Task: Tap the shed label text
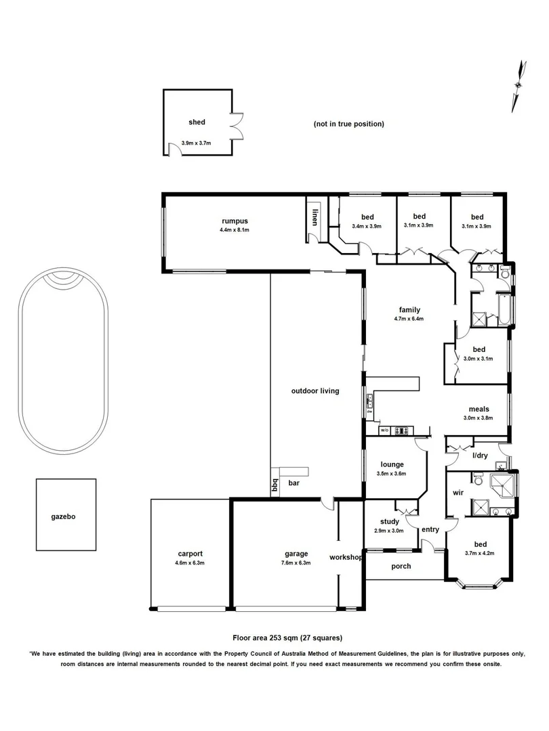coord(197,123)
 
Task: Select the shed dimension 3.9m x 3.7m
coord(197,143)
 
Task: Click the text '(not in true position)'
coord(348,124)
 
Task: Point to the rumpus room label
coord(235,221)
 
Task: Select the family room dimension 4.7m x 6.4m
coord(408,319)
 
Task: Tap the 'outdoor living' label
coord(314,391)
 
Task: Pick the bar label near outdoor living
coord(294,483)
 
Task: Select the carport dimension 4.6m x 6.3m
coord(190,562)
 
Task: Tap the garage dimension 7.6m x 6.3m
coord(296,562)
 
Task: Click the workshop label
coord(346,557)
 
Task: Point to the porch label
coord(401,566)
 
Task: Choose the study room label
coord(389,522)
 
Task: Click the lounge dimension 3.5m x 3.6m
coord(392,474)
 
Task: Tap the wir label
coord(457,493)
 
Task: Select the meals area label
coord(479,409)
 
